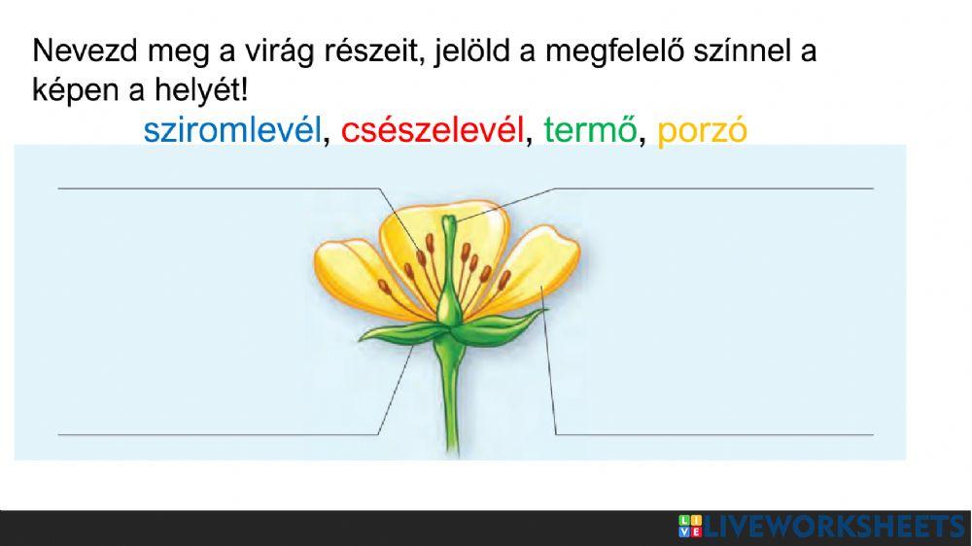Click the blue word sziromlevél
click(x=231, y=130)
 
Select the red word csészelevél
click(x=433, y=130)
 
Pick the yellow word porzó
click(x=702, y=130)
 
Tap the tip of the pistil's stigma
click(x=448, y=222)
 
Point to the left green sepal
click(x=394, y=332)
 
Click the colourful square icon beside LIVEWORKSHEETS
click(x=689, y=528)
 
